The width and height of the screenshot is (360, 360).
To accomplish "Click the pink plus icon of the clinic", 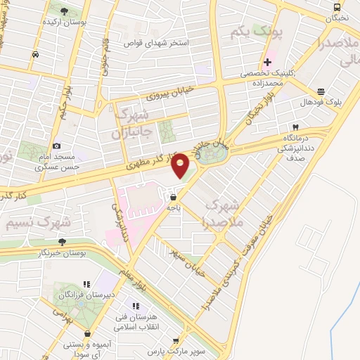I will click(x=266, y=61).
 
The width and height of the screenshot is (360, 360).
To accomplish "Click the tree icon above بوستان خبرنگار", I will click(x=63, y=241).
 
